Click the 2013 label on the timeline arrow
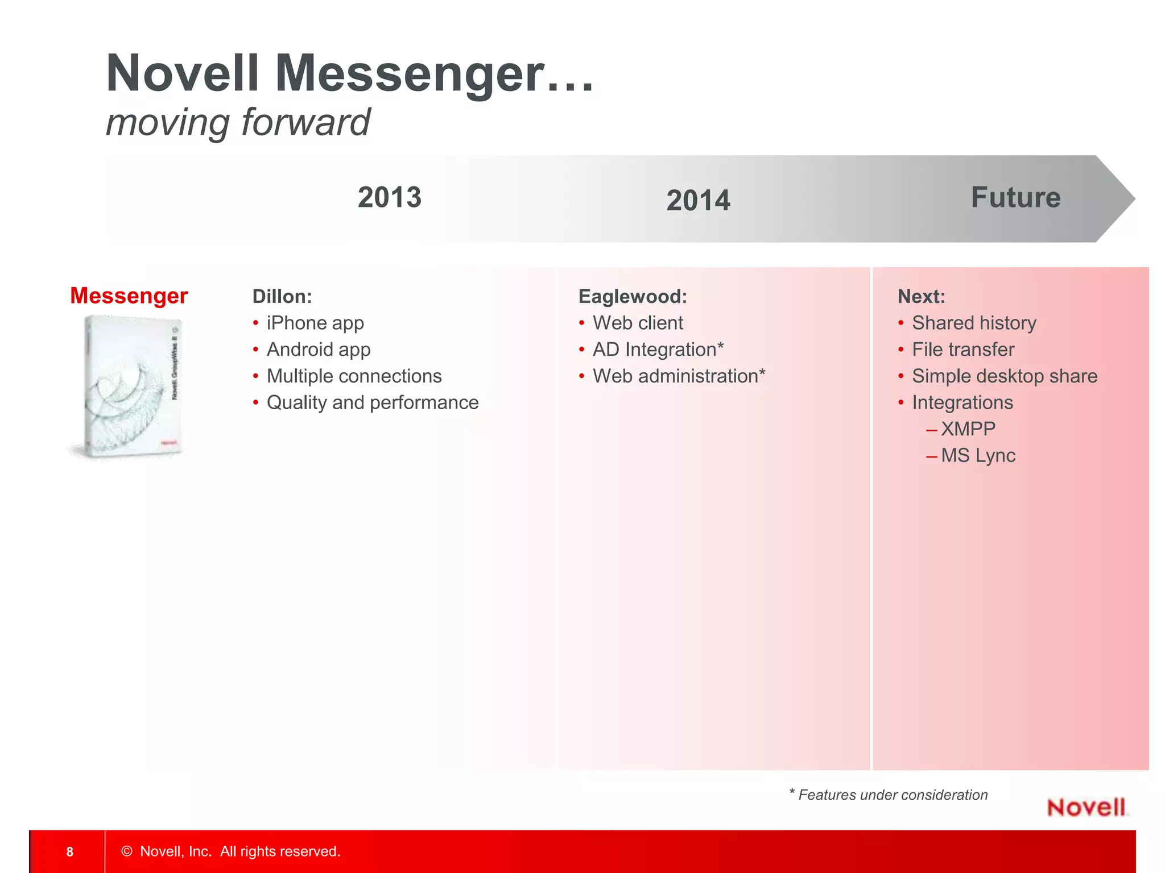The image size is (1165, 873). [x=390, y=198]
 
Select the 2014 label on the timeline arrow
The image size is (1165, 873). [x=698, y=201]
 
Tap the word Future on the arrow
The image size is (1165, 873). [x=1015, y=198]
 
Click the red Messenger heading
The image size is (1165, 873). [x=129, y=296]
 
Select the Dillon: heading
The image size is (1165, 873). [x=282, y=297]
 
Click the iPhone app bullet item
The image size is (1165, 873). [x=315, y=323]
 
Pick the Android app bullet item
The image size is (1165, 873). [x=319, y=350]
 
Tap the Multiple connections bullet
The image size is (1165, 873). [x=354, y=376]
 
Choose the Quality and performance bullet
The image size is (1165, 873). [x=373, y=402]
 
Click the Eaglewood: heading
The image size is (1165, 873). [x=633, y=297]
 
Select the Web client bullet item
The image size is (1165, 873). [x=638, y=323]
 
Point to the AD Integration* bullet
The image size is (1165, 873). [x=658, y=350]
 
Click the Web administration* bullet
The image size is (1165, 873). [x=679, y=376]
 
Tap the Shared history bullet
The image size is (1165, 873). [x=974, y=323]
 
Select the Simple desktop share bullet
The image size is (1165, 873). [x=1005, y=376]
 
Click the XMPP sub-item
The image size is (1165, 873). [x=968, y=429]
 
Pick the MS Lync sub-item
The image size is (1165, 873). [x=978, y=456]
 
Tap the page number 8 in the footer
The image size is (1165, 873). [x=70, y=851]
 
